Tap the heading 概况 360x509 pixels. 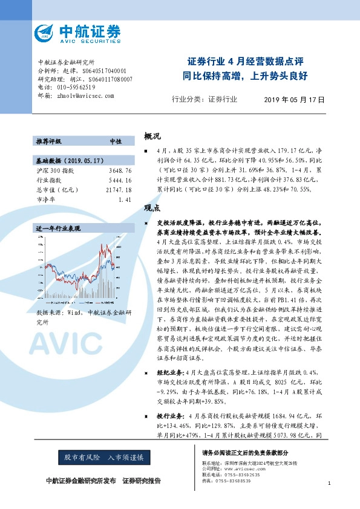[152, 137]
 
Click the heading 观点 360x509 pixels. [152, 207]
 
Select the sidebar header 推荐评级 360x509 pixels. [48, 141]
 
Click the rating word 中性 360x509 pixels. [115, 141]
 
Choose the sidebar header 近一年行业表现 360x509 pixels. [58, 229]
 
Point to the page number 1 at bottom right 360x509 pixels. [328, 483]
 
